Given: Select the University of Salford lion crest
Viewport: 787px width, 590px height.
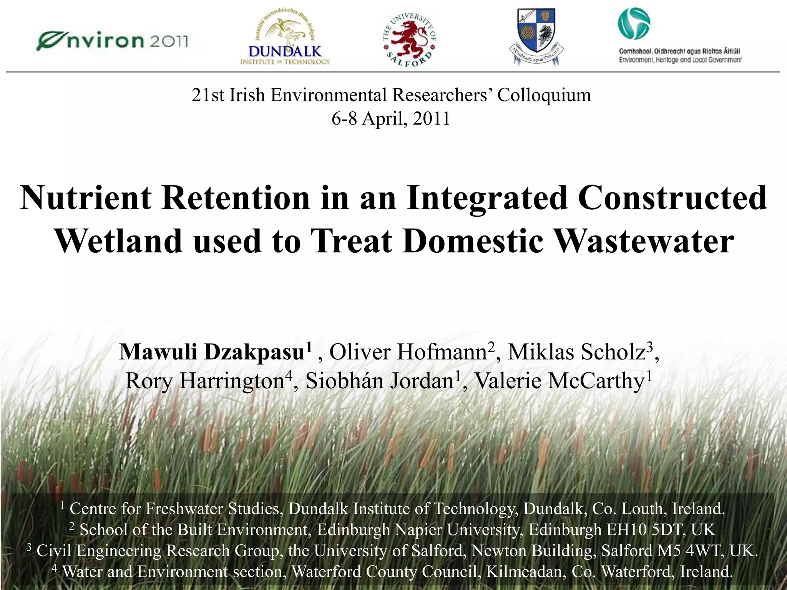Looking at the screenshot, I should [410, 38].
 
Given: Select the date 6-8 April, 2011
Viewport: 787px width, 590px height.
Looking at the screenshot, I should [390, 118].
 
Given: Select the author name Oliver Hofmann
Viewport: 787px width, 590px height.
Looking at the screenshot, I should [408, 352].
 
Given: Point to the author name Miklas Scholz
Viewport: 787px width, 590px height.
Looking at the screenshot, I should [576, 352].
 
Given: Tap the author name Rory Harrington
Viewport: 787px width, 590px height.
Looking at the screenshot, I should [205, 381].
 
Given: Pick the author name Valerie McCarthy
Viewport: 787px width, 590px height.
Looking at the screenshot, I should [560, 381].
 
